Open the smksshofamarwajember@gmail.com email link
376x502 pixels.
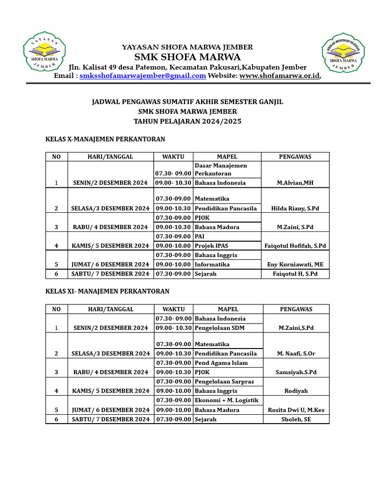[x=142, y=75]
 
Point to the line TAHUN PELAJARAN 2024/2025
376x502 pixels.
[x=188, y=121]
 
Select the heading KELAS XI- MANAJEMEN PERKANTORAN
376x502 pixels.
[x=107, y=291]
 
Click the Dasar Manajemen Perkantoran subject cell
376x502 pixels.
[x=221, y=170]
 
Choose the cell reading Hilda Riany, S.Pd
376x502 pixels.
[x=295, y=208]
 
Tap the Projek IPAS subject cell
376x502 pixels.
[x=211, y=246]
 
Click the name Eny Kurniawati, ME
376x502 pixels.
[x=295, y=264]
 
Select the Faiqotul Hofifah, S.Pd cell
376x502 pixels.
[x=295, y=246]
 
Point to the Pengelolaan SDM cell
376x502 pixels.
[x=220, y=327]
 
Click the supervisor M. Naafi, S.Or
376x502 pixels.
[x=296, y=353]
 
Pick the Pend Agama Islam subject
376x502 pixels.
[x=221, y=363]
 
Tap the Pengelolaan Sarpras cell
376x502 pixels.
[x=224, y=381]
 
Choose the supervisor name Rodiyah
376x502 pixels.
[x=296, y=391]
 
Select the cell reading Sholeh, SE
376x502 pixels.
[x=296, y=419]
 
